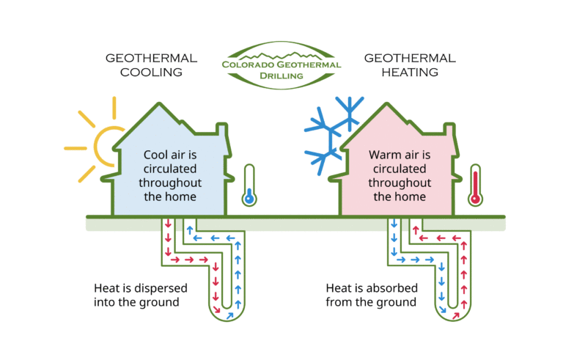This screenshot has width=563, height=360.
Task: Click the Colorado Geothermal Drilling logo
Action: (x=281, y=65)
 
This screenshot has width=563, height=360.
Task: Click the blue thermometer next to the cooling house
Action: (x=249, y=185)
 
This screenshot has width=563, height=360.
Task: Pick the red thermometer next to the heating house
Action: (x=475, y=185)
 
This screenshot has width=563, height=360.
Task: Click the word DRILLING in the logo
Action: (x=281, y=76)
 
